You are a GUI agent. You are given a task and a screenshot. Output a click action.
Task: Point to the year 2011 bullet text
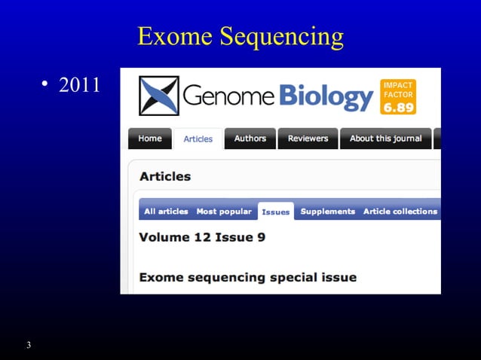pyautogui.click(x=79, y=84)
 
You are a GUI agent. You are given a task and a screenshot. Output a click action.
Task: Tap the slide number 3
pyautogui.click(x=28, y=345)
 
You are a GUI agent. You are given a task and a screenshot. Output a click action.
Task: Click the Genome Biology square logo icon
pyautogui.click(x=158, y=96)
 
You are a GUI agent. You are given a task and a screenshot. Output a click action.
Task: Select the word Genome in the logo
pyautogui.click(x=229, y=96)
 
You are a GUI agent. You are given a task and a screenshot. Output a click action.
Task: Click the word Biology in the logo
pyautogui.click(x=326, y=96)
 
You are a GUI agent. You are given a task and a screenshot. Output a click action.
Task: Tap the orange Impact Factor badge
pyautogui.click(x=399, y=96)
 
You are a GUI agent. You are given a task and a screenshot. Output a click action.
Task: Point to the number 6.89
pyautogui.click(x=399, y=107)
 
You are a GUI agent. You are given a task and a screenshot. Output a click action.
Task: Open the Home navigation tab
pyautogui.click(x=150, y=139)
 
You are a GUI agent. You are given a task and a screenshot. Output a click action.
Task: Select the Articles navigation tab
pyautogui.click(x=198, y=139)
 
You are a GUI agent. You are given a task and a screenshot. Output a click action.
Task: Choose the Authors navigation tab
pyautogui.click(x=250, y=139)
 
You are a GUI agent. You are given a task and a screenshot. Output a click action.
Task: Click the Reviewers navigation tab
pyautogui.click(x=308, y=139)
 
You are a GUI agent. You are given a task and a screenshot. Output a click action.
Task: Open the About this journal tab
pyautogui.click(x=386, y=139)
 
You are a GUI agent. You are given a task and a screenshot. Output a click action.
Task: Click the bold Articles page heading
pyautogui.click(x=165, y=176)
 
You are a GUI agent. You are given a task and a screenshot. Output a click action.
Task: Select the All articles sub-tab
pyautogui.click(x=166, y=212)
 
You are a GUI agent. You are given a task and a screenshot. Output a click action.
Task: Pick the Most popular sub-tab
pyautogui.click(x=224, y=212)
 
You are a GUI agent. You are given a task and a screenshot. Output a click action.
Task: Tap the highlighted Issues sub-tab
pyautogui.click(x=275, y=212)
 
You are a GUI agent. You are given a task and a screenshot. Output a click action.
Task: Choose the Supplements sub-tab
pyautogui.click(x=327, y=212)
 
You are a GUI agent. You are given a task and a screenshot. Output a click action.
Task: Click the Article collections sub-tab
pyautogui.click(x=400, y=212)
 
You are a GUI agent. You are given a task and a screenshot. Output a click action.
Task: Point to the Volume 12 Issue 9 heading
pyautogui.click(x=202, y=237)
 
